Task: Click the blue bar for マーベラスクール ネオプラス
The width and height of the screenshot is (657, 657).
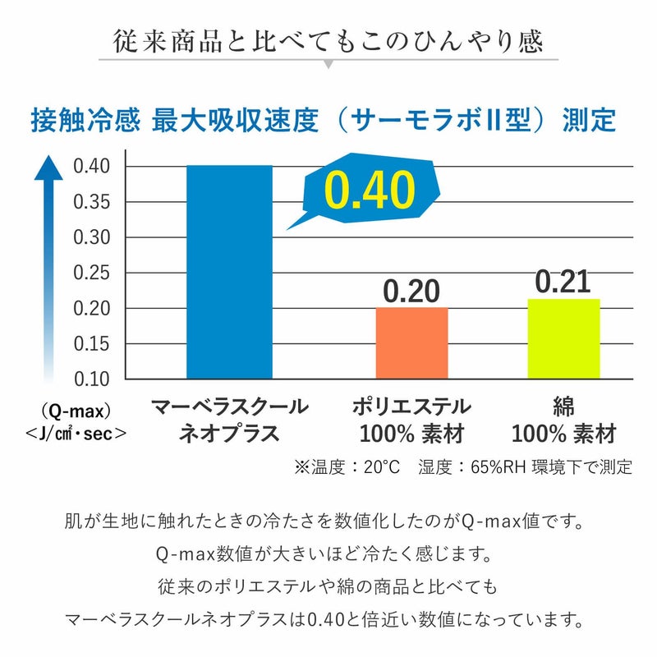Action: click(x=229, y=272)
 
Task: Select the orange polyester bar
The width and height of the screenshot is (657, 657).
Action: click(x=411, y=343)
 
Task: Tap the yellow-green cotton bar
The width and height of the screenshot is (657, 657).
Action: click(x=563, y=338)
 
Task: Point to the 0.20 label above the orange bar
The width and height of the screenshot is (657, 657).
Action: click(x=411, y=291)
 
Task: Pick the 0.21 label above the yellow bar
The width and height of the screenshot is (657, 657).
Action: click(x=563, y=281)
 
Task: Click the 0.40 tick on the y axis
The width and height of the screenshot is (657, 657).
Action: click(x=92, y=167)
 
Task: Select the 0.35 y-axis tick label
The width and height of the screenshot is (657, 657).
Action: click(x=92, y=202)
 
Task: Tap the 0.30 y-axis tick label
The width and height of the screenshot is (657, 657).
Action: click(x=92, y=238)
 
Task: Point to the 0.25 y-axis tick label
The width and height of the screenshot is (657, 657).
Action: click(x=92, y=273)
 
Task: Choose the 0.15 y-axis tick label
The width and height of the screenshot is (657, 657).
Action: click(x=92, y=344)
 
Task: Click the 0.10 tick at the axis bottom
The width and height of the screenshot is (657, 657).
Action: click(x=92, y=379)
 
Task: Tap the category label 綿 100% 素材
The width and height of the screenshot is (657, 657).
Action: click(x=563, y=420)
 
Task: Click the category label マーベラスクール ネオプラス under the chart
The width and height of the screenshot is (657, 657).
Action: click(x=229, y=420)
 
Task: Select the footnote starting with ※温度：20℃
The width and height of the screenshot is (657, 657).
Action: click(x=463, y=467)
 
